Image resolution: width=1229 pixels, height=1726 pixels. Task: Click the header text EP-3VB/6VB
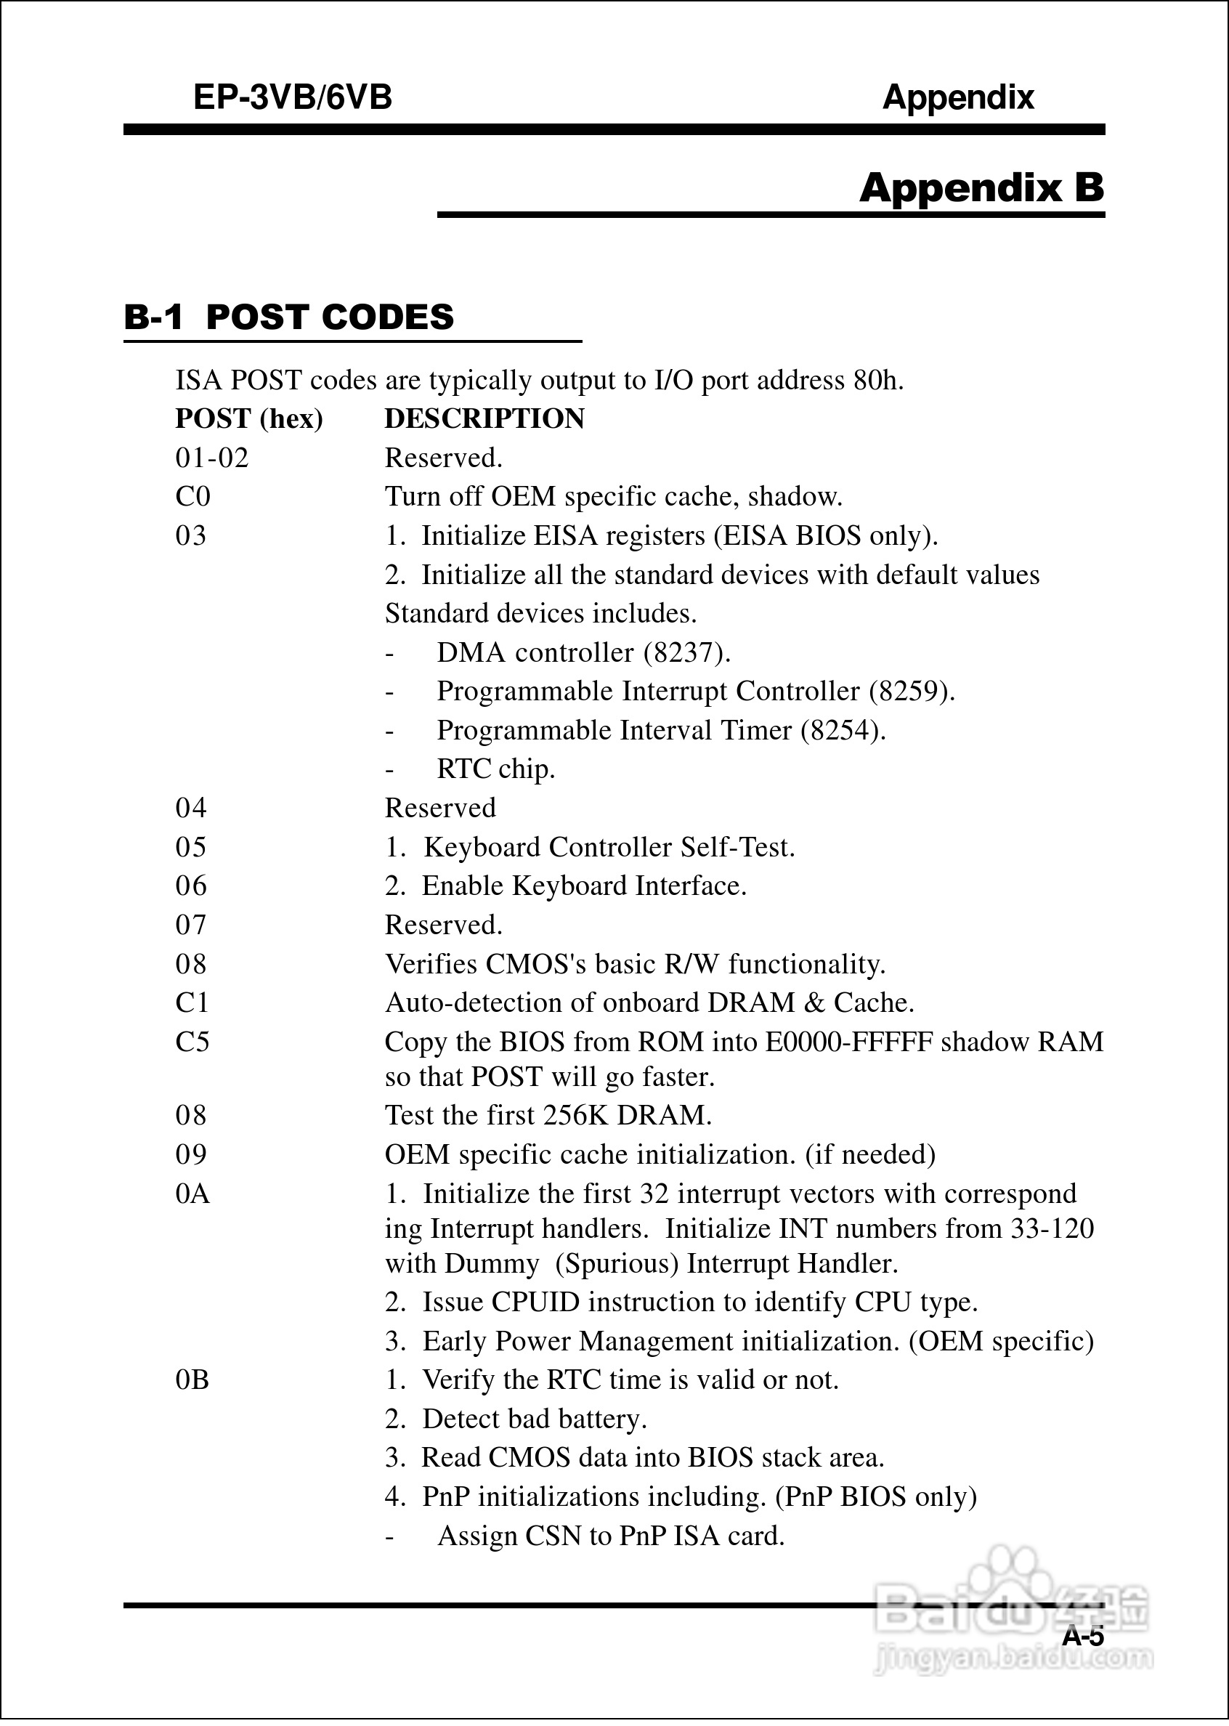pos(293,97)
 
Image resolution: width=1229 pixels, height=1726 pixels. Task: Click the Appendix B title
pos(981,187)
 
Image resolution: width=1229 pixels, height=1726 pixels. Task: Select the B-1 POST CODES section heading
pos(289,317)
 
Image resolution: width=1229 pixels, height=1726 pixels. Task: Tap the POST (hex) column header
pos(249,418)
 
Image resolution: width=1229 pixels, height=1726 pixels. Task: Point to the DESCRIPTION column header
pos(484,418)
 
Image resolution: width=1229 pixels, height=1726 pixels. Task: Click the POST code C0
pos(193,496)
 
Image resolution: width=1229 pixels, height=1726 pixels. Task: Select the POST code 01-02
pos(212,458)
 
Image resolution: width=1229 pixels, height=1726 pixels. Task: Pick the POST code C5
pos(192,1042)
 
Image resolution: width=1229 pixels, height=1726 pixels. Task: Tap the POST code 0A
pos(192,1194)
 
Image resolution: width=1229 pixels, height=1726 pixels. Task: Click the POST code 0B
pos(192,1379)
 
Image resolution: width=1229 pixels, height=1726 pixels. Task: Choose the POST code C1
pos(192,1002)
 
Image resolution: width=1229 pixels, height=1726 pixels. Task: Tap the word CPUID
pos(535,1302)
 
